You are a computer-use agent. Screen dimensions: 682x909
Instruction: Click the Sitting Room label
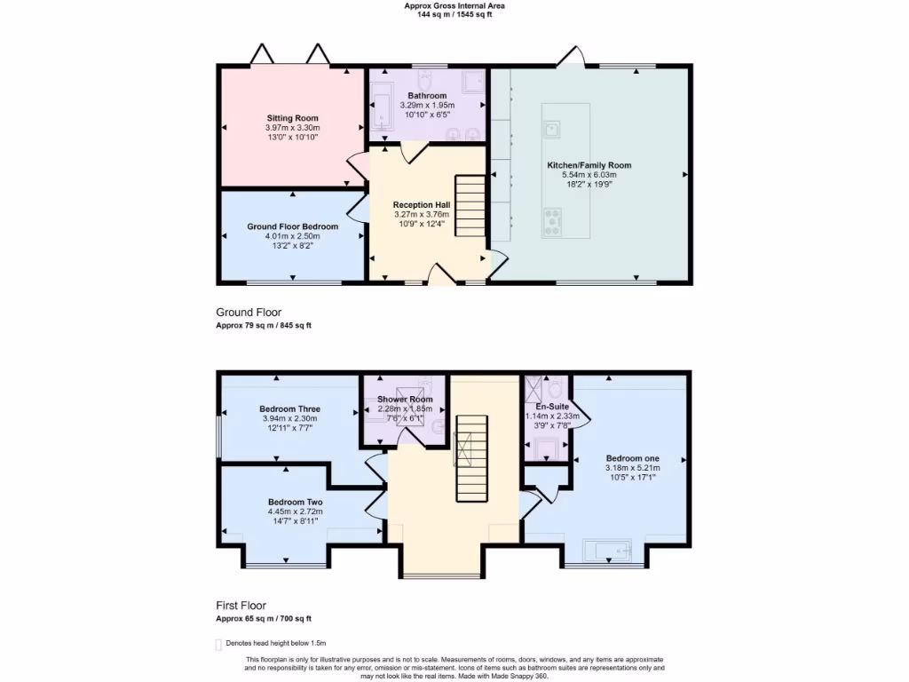293,118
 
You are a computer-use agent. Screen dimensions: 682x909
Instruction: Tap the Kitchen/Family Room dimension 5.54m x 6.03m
589,175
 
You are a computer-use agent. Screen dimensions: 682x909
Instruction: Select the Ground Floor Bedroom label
292,226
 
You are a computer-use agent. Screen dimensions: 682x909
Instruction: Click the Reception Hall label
421,204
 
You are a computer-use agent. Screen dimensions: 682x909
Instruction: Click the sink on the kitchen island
552,131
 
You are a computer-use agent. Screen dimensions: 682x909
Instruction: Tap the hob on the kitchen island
552,221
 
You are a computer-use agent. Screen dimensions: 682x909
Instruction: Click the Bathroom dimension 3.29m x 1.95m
427,105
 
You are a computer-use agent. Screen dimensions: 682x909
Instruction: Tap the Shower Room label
405,400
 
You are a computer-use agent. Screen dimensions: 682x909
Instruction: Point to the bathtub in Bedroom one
606,551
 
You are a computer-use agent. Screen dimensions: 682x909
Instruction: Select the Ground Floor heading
249,313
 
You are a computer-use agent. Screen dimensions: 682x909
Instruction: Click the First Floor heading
241,606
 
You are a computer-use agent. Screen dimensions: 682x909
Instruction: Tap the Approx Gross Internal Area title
454,5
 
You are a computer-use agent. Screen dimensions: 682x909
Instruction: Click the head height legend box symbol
218,644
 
